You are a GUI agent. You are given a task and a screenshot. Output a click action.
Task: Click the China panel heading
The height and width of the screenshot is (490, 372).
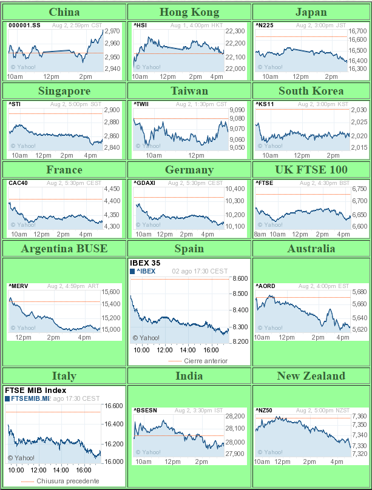point(64,12)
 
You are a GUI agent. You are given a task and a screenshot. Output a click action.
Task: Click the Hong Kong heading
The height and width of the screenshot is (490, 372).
point(189,12)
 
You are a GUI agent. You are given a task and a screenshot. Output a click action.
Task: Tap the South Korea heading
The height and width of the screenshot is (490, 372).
point(311,91)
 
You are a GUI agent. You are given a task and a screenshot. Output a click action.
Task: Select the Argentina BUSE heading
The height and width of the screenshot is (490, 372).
point(64,249)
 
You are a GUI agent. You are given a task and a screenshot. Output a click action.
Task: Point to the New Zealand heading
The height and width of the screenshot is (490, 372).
point(311,376)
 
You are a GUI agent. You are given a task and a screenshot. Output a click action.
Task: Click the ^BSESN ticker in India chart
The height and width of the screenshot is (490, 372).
point(145,411)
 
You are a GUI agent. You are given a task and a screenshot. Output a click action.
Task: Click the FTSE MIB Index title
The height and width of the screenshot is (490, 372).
point(35,391)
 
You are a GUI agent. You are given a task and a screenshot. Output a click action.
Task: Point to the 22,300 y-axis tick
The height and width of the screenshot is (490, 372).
point(235,32)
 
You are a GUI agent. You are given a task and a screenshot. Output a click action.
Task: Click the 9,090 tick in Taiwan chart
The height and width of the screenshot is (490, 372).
point(236,110)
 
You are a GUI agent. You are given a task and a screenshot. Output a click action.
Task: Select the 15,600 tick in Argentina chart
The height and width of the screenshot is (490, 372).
point(111,292)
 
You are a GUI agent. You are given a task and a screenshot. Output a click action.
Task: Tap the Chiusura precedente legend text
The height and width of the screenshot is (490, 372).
point(67,481)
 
